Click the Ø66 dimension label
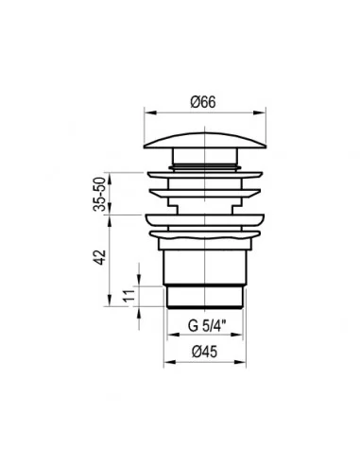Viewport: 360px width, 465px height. click(x=203, y=102)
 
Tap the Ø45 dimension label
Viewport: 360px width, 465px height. click(x=204, y=352)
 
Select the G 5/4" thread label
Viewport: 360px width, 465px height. click(x=207, y=326)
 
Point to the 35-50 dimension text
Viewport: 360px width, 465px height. click(x=99, y=194)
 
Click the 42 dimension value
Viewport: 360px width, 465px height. click(x=100, y=257)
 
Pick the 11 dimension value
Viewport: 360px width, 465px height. click(x=129, y=295)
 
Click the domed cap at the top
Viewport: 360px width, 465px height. click(x=205, y=141)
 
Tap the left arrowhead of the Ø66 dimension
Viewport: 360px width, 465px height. click(x=150, y=112)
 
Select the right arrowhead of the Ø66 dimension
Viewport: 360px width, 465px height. click(x=260, y=112)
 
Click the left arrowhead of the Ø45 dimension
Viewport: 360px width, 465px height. click(x=170, y=362)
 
